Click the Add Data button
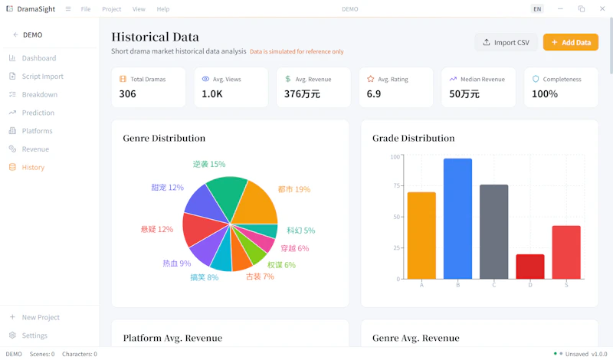570,42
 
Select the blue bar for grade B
457,218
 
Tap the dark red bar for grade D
530,267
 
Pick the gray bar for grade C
493,232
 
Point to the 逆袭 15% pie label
209,164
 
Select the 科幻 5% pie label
301,231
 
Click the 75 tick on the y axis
397,185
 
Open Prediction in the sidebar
38,113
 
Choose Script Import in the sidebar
42,77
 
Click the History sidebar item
33,167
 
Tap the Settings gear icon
12,335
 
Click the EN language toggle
538,9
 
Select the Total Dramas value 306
127,93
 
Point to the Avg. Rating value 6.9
374,93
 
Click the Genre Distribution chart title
164,138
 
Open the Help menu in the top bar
163,9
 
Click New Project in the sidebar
41,317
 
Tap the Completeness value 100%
545,93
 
